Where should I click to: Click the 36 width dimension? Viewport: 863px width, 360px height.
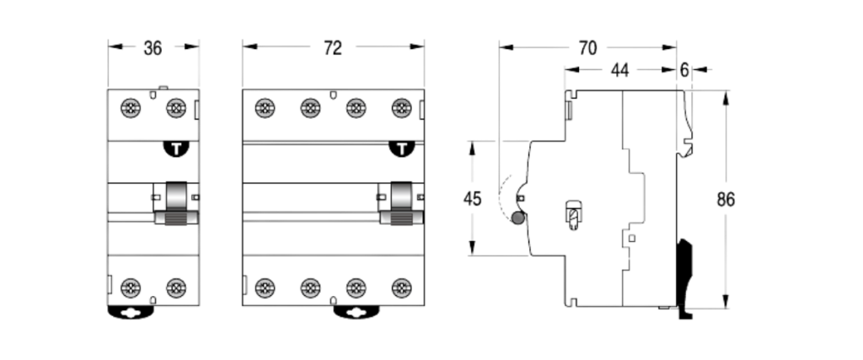152,48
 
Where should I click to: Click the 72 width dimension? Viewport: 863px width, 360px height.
334,48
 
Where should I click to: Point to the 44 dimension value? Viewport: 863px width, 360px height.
621,71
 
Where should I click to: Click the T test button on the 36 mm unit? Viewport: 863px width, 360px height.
176,150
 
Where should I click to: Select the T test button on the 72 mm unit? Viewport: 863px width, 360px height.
403,150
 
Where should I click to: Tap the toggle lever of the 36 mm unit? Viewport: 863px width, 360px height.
176,206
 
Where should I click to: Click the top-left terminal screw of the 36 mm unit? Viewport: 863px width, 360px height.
131,107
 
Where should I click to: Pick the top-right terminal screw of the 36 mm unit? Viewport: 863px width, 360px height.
175,107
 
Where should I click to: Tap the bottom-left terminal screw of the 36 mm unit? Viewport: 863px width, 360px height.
131,287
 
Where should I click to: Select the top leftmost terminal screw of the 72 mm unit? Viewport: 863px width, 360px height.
265,107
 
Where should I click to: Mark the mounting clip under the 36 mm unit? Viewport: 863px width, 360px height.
131,313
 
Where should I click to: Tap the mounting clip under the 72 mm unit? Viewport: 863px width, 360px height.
356,313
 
